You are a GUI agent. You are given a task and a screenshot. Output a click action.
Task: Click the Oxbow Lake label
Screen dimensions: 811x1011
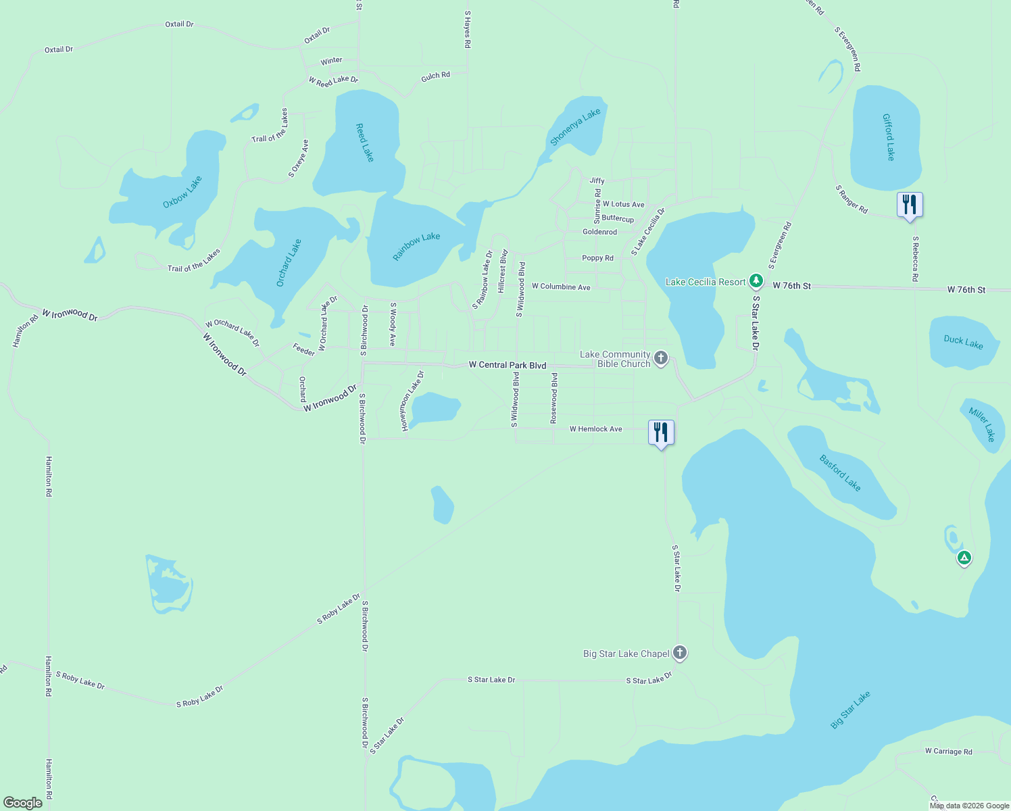pyautogui.click(x=182, y=193)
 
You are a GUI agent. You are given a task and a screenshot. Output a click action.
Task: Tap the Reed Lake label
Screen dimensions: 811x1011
pyautogui.click(x=365, y=143)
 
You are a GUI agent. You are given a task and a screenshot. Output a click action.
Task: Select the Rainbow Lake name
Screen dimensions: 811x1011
pyautogui.click(x=416, y=247)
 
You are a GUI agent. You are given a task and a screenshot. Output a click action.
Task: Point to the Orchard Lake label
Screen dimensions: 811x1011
pyautogui.click(x=289, y=263)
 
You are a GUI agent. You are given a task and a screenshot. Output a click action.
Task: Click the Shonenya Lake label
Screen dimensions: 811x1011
pyautogui.click(x=575, y=127)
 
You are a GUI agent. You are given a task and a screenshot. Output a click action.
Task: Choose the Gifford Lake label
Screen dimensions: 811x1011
pyautogui.click(x=889, y=137)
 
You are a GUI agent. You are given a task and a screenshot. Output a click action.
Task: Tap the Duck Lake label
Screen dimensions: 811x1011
pyautogui.click(x=963, y=342)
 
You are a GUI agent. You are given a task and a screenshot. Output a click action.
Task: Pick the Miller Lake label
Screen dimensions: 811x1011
pyautogui.click(x=982, y=424)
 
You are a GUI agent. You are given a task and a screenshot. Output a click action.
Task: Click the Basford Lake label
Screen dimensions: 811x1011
pyautogui.click(x=840, y=473)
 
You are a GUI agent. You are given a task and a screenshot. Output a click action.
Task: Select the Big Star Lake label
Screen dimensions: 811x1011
pyautogui.click(x=850, y=710)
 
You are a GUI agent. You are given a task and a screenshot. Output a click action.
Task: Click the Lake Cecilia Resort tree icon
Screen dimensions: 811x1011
pyautogui.click(x=756, y=280)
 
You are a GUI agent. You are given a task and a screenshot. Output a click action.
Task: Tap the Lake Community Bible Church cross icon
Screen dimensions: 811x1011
pyautogui.click(x=661, y=358)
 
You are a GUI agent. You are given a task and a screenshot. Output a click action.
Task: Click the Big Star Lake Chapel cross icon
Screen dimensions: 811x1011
pyautogui.click(x=680, y=653)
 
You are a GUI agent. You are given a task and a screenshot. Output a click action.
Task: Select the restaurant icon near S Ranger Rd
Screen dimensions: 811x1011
pyautogui.click(x=910, y=205)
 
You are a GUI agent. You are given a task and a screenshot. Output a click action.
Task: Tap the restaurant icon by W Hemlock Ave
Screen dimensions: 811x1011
pyautogui.click(x=661, y=433)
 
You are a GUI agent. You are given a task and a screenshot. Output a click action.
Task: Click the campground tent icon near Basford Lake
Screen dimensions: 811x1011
pyautogui.click(x=964, y=558)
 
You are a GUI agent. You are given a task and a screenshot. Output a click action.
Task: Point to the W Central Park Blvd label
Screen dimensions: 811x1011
pyautogui.click(x=508, y=365)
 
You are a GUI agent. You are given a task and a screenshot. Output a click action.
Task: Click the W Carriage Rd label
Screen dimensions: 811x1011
pyautogui.click(x=948, y=752)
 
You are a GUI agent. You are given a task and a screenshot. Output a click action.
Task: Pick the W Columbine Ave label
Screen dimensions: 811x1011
pyautogui.click(x=561, y=287)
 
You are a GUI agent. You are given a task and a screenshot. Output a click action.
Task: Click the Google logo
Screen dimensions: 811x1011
pyautogui.click(x=23, y=803)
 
